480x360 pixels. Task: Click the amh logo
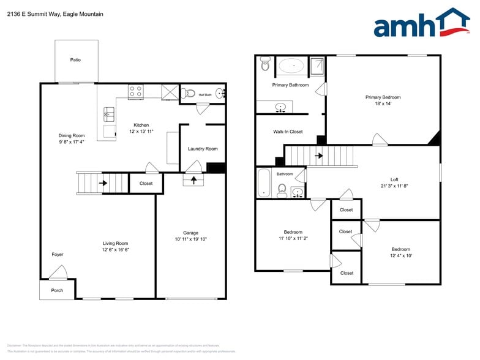421,24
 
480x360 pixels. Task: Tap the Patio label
75,60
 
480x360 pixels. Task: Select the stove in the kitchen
135,92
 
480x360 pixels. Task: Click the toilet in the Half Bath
190,94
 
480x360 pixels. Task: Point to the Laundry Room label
202,149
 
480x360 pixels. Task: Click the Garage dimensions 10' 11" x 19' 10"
190,239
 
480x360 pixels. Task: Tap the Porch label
57,290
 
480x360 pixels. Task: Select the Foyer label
57,254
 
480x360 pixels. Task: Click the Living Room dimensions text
115,250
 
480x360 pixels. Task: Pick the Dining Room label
72,135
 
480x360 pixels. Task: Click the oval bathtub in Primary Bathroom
291,65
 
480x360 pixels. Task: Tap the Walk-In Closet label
288,132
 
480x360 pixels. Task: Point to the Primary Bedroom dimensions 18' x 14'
383,104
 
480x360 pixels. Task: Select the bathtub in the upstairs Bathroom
264,183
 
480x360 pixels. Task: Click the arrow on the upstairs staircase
319,156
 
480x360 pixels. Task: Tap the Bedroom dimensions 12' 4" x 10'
400,256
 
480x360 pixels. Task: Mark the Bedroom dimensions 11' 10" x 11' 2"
293,239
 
